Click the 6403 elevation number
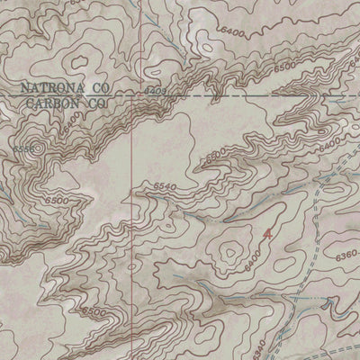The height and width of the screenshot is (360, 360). tap(155, 91)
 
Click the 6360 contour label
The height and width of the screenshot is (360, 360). tap(343, 258)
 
